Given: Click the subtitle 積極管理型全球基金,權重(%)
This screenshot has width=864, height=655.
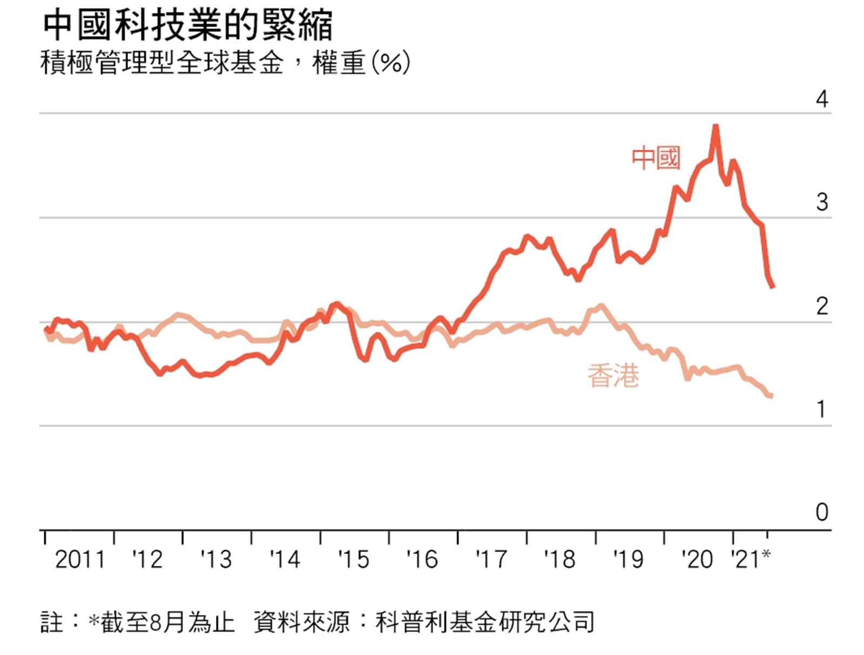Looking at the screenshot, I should click(x=224, y=63).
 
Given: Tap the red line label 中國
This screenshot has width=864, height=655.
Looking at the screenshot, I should click(x=656, y=158).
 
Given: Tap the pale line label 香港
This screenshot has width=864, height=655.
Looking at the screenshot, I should click(x=613, y=376).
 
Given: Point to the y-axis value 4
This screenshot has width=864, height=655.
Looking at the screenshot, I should click(x=822, y=99).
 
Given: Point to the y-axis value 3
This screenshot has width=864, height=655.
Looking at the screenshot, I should click(x=822, y=203).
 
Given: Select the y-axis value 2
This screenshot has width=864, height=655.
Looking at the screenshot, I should click(x=822, y=306).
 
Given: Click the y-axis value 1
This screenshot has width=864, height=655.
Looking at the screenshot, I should click(x=822, y=410).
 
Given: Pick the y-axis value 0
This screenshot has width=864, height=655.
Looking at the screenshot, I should click(x=822, y=512).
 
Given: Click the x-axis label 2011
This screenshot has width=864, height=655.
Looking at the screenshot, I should click(x=80, y=559).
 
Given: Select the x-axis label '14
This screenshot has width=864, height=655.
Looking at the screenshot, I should click(x=285, y=559).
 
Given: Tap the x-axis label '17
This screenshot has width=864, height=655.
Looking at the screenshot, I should click(x=491, y=559).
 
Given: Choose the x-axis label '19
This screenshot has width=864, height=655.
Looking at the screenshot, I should click(x=628, y=559).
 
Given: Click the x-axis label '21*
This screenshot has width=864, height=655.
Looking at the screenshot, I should click(x=750, y=559).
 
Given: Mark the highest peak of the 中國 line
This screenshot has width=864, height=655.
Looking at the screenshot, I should click(x=715, y=126).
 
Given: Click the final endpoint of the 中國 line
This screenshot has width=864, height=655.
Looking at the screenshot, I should click(x=773, y=286).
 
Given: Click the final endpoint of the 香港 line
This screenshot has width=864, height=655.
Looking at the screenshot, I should click(x=771, y=396).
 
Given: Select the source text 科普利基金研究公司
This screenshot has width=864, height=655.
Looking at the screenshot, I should click(x=484, y=622).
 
